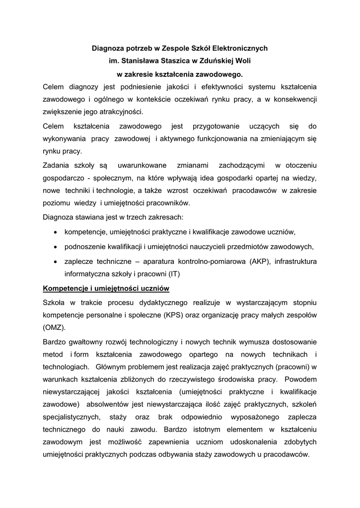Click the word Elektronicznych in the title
pyautogui.click(x=240, y=49)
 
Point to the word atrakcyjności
pyautogui.click(x=119, y=112)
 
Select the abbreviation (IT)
pyautogui.click(x=174, y=274)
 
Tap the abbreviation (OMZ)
pyautogui.click(x=54, y=328)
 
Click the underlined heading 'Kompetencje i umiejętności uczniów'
pyautogui.click(x=107, y=288)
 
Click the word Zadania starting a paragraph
pyautogui.click(x=57, y=165)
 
